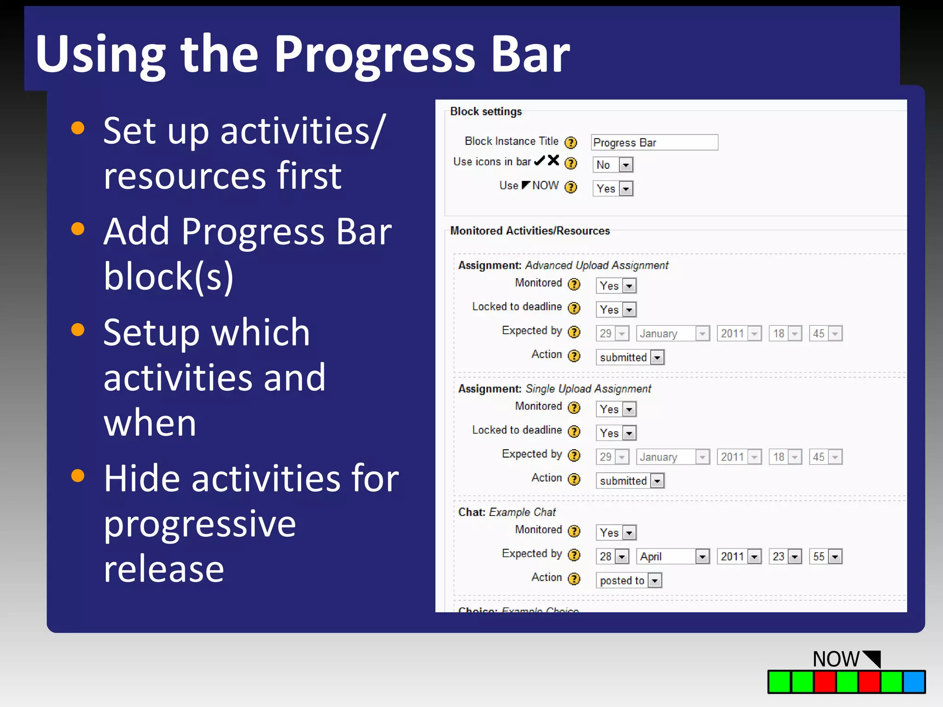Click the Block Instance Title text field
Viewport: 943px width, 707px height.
click(654, 143)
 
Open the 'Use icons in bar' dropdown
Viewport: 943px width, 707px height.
click(613, 165)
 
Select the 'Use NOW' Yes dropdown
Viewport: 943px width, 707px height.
click(613, 189)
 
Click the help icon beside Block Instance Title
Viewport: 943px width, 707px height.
click(570, 143)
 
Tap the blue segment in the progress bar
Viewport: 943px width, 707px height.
click(914, 682)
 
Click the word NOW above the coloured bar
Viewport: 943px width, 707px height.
click(836, 659)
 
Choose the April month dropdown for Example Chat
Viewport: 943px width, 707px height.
click(673, 556)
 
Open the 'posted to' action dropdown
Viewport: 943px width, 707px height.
click(629, 580)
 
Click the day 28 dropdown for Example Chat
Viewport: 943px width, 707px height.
click(612, 556)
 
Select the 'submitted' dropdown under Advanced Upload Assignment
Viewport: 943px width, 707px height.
click(630, 358)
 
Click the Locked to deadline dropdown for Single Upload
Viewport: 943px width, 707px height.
click(616, 433)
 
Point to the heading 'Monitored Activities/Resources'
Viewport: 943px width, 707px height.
click(530, 231)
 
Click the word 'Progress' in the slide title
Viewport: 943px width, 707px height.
click(374, 55)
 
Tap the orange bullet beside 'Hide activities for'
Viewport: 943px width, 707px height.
click(78, 475)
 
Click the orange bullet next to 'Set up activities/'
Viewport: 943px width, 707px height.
click(78, 128)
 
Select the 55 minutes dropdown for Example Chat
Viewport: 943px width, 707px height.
click(826, 556)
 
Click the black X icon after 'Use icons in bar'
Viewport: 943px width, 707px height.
click(553, 160)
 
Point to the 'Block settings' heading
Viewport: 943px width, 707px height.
click(486, 111)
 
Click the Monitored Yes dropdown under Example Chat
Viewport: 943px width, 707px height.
click(616, 533)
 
